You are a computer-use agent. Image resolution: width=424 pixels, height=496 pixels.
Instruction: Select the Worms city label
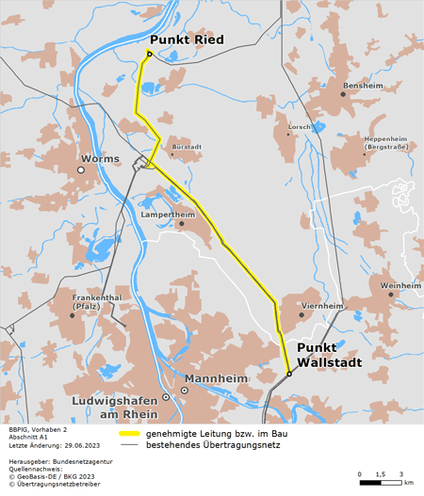[x=101, y=159]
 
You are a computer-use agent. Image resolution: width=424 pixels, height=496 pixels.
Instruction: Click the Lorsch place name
[x=299, y=126]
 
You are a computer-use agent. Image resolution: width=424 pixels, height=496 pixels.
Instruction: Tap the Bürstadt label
[x=187, y=147]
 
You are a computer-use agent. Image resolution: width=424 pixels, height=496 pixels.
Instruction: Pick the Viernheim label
[x=321, y=306]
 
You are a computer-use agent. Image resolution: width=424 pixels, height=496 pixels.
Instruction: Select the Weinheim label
[x=400, y=284]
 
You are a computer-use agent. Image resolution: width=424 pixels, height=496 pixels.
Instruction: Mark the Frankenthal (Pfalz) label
[x=97, y=302]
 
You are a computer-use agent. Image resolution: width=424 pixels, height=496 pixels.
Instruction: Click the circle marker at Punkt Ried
[x=149, y=54]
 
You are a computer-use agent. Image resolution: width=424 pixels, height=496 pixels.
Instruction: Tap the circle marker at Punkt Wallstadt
[x=289, y=373]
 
